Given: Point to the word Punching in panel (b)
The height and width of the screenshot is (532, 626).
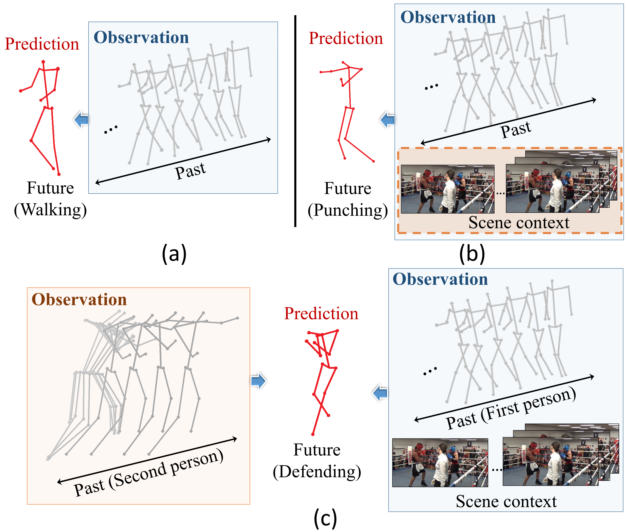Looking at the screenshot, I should coord(348,210).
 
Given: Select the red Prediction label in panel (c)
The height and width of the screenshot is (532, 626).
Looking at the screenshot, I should coord(321,314).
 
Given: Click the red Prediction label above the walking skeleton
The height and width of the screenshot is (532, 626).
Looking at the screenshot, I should coord(42,44).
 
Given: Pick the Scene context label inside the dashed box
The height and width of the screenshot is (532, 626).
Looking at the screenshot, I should coord(519,223).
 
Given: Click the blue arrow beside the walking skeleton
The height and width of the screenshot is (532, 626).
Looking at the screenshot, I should coord(81,120).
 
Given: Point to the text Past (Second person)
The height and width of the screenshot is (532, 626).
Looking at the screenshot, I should coord(148,473).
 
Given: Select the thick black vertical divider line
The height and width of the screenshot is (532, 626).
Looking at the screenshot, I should coord(295,121).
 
